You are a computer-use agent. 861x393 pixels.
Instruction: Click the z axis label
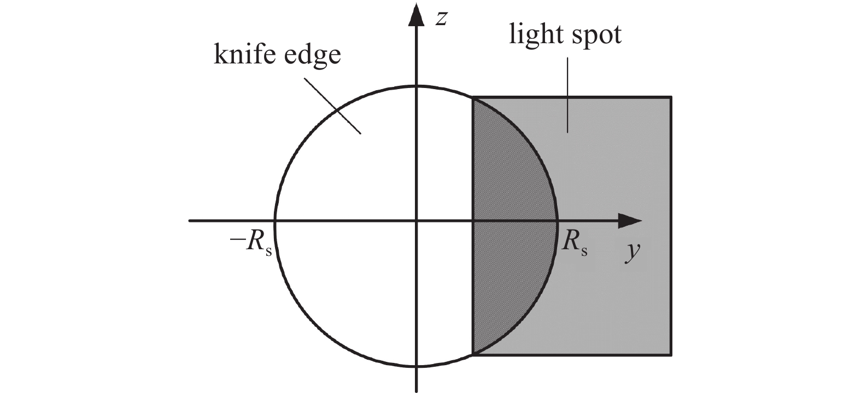tap(441, 19)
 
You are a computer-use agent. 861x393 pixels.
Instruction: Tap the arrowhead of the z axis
tap(416, 15)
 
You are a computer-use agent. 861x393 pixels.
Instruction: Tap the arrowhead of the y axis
tap(630, 220)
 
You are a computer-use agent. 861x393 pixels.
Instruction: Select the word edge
tap(312, 56)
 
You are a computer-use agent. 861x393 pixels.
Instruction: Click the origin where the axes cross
tap(416, 220)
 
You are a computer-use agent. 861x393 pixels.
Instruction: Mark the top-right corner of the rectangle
tap(671, 97)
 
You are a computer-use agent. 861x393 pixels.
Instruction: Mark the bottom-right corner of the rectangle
tap(671, 355)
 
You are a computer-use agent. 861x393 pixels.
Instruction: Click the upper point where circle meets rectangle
tap(473, 98)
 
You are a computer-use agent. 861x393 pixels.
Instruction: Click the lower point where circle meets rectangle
tap(473, 354)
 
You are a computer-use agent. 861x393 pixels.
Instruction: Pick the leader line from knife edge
tap(332, 106)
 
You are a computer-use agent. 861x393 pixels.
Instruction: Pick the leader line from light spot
tap(567, 95)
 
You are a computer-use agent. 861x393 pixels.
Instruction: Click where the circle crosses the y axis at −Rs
tap(275, 220)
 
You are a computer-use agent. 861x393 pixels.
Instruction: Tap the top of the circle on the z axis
tap(416, 86)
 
